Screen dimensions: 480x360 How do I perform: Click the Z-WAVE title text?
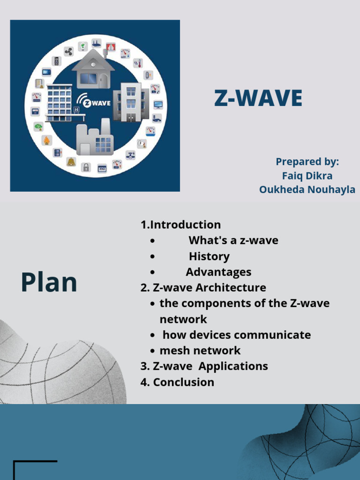(x=258, y=98)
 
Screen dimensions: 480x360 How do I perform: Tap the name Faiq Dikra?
(x=307, y=175)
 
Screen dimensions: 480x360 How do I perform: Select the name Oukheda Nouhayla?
(x=307, y=189)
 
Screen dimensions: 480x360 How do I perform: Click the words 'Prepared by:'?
(x=307, y=162)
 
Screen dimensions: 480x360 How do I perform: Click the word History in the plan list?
(x=209, y=256)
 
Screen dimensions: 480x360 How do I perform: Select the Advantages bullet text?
(x=218, y=272)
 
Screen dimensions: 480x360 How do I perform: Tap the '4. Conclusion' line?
(x=177, y=382)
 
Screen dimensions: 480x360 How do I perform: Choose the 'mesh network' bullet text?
(x=200, y=351)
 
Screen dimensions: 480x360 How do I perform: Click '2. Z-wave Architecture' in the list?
(x=203, y=287)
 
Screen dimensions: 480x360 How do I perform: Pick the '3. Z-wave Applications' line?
(x=204, y=366)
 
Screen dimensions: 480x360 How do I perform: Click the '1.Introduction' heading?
(x=180, y=225)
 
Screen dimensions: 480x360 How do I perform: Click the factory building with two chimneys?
(x=95, y=138)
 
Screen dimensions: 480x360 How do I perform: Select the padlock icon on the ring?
(x=86, y=167)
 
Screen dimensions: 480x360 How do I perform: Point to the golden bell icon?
(x=71, y=162)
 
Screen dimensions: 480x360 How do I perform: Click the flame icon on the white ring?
(x=47, y=140)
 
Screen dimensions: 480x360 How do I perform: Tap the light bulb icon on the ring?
(x=83, y=46)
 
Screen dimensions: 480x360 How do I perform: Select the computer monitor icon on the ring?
(x=158, y=104)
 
